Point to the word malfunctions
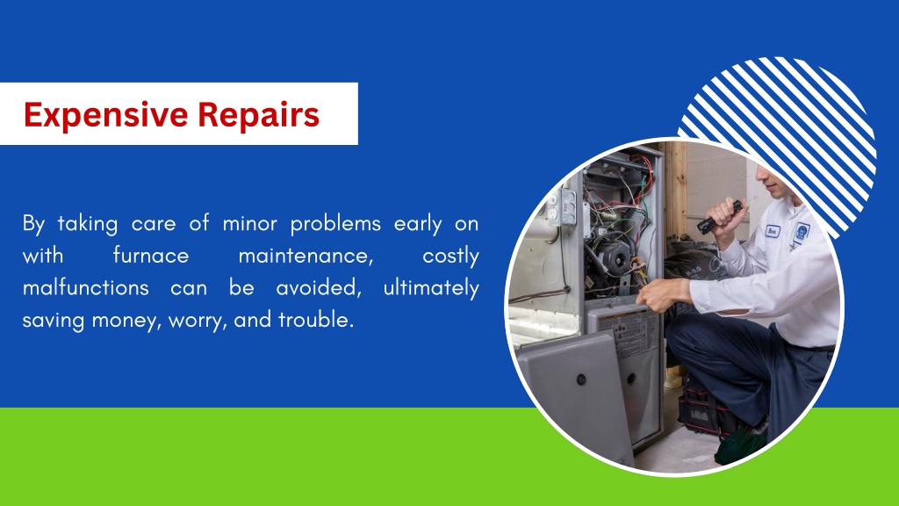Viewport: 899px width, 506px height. coord(84,288)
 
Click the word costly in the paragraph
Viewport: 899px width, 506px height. coord(450,256)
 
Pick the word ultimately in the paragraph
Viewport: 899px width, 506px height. coord(431,288)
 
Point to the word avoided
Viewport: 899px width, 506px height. coord(317,288)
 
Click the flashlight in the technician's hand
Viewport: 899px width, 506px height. coord(720,217)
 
